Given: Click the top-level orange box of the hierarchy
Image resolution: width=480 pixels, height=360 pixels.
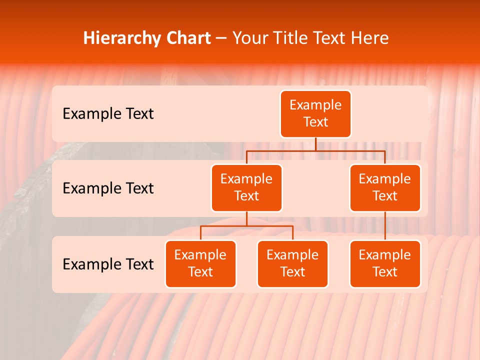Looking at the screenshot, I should click(x=315, y=114).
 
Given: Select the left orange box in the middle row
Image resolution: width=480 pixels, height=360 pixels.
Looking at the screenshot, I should click(x=246, y=188).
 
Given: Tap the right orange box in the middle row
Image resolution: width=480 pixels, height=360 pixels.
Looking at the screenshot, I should click(x=385, y=188).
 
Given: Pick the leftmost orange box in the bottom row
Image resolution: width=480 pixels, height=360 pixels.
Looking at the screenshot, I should click(x=200, y=264).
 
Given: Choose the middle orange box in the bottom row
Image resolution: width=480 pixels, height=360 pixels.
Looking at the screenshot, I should click(x=292, y=264).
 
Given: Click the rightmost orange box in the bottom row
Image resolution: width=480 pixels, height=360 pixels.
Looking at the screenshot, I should click(x=385, y=264).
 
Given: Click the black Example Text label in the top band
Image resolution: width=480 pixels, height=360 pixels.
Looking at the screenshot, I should click(x=108, y=114).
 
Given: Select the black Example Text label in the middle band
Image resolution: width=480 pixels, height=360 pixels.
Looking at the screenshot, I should click(x=108, y=188).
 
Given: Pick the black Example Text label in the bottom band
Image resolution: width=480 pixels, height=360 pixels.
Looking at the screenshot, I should click(x=108, y=264).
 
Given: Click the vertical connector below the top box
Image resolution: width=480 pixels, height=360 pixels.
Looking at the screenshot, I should click(x=315, y=144).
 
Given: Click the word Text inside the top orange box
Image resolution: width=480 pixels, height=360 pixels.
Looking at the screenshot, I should click(x=315, y=122).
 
